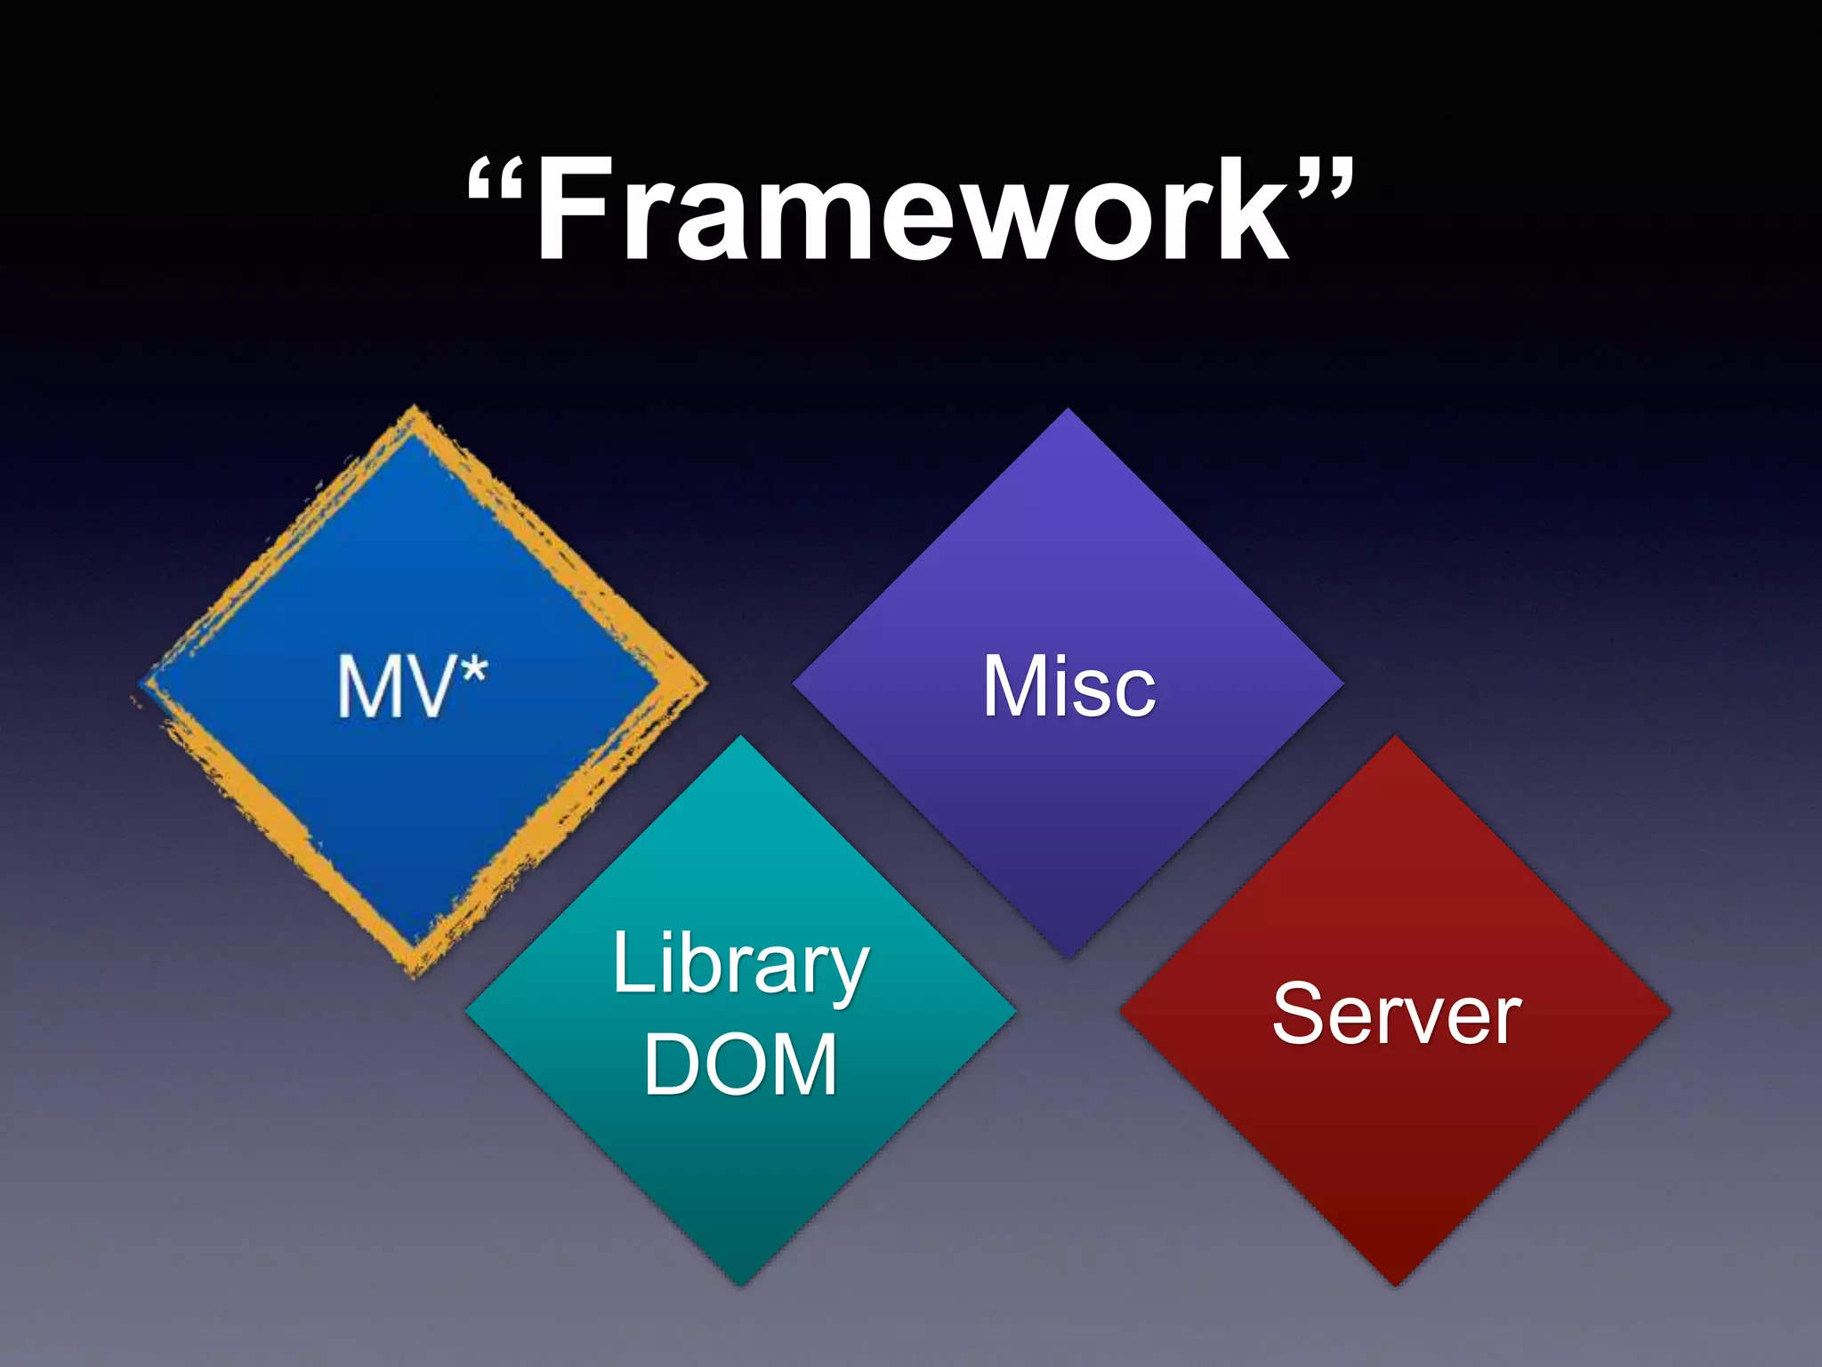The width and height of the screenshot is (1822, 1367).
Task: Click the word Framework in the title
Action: point(913,210)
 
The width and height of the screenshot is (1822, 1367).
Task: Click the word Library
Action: point(740,965)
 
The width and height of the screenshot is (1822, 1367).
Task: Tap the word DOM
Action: point(740,1064)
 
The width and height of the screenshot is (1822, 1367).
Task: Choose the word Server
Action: point(1397,1014)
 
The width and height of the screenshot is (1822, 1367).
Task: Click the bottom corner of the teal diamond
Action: point(740,1282)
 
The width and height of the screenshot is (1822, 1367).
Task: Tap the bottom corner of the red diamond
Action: point(1396,1282)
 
